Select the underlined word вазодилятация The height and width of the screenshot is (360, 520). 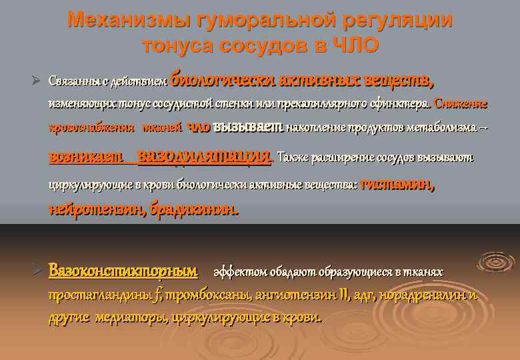(203, 157)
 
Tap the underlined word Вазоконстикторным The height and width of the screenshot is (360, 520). (123, 271)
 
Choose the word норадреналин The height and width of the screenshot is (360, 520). (426, 295)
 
